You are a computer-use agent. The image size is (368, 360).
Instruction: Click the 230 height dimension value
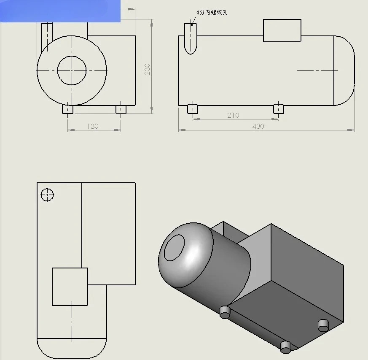(x=147, y=69)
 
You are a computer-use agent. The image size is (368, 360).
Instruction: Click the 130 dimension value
(x=93, y=127)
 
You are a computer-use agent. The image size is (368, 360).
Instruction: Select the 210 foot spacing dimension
(x=233, y=115)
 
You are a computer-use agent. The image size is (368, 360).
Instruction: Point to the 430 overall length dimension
(x=258, y=127)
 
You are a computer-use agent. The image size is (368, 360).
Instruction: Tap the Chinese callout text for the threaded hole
(x=212, y=13)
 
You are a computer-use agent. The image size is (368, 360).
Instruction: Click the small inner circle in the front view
(x=72, y=70)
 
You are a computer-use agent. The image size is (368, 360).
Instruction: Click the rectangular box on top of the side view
(x=282, y=30)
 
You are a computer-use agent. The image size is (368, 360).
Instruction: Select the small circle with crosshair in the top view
(x=47, y=195)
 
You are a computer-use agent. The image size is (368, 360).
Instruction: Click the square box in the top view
(x=70, y=287)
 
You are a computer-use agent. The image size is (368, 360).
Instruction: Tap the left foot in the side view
(x=193, y=109)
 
